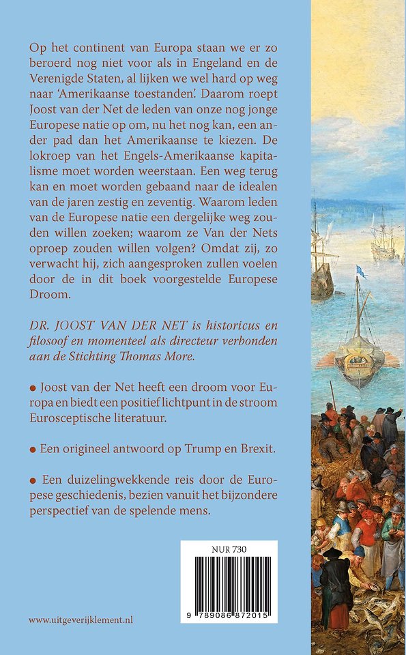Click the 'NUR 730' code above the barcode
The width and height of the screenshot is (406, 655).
[229, 548]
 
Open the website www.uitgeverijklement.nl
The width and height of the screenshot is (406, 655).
[81, 620]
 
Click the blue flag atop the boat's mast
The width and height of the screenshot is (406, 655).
[362, 272]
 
